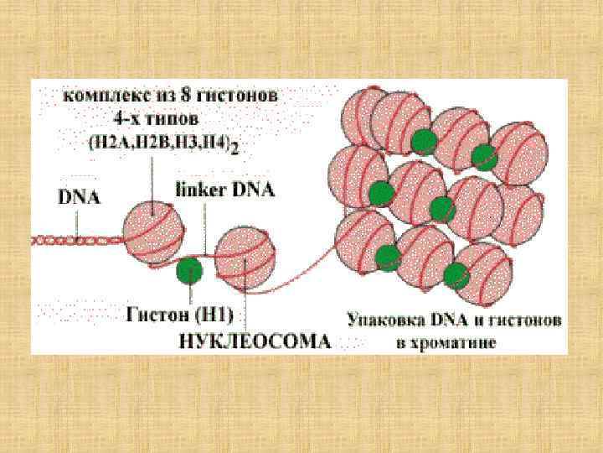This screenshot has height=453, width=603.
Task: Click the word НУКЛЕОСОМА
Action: (x=255, y=342)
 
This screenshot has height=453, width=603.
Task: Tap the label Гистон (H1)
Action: (x=180, y=316)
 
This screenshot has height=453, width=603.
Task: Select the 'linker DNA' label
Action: (x=224, y=190)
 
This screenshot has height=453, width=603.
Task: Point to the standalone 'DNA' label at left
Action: (x=79, y=199)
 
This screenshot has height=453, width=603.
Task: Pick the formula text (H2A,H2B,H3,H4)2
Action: (x=163, y=144)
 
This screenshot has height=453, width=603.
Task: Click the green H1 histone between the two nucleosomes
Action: (x=190, y=270)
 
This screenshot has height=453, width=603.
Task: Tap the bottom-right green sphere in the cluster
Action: (x=456, y=274)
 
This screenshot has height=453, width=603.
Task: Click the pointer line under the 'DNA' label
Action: (x=78, y=222)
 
